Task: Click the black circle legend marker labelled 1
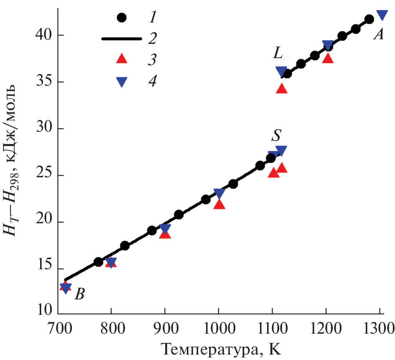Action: [x=122, y=18]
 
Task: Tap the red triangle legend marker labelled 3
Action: [x=122, y=59]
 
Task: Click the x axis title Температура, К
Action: [x=218, y=348]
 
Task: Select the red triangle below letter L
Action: [x=282, y=89]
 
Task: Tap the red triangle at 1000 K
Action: [x=219, y=204]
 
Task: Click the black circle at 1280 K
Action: [x=369, y=19]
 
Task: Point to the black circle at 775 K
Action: [x=98, y=262]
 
